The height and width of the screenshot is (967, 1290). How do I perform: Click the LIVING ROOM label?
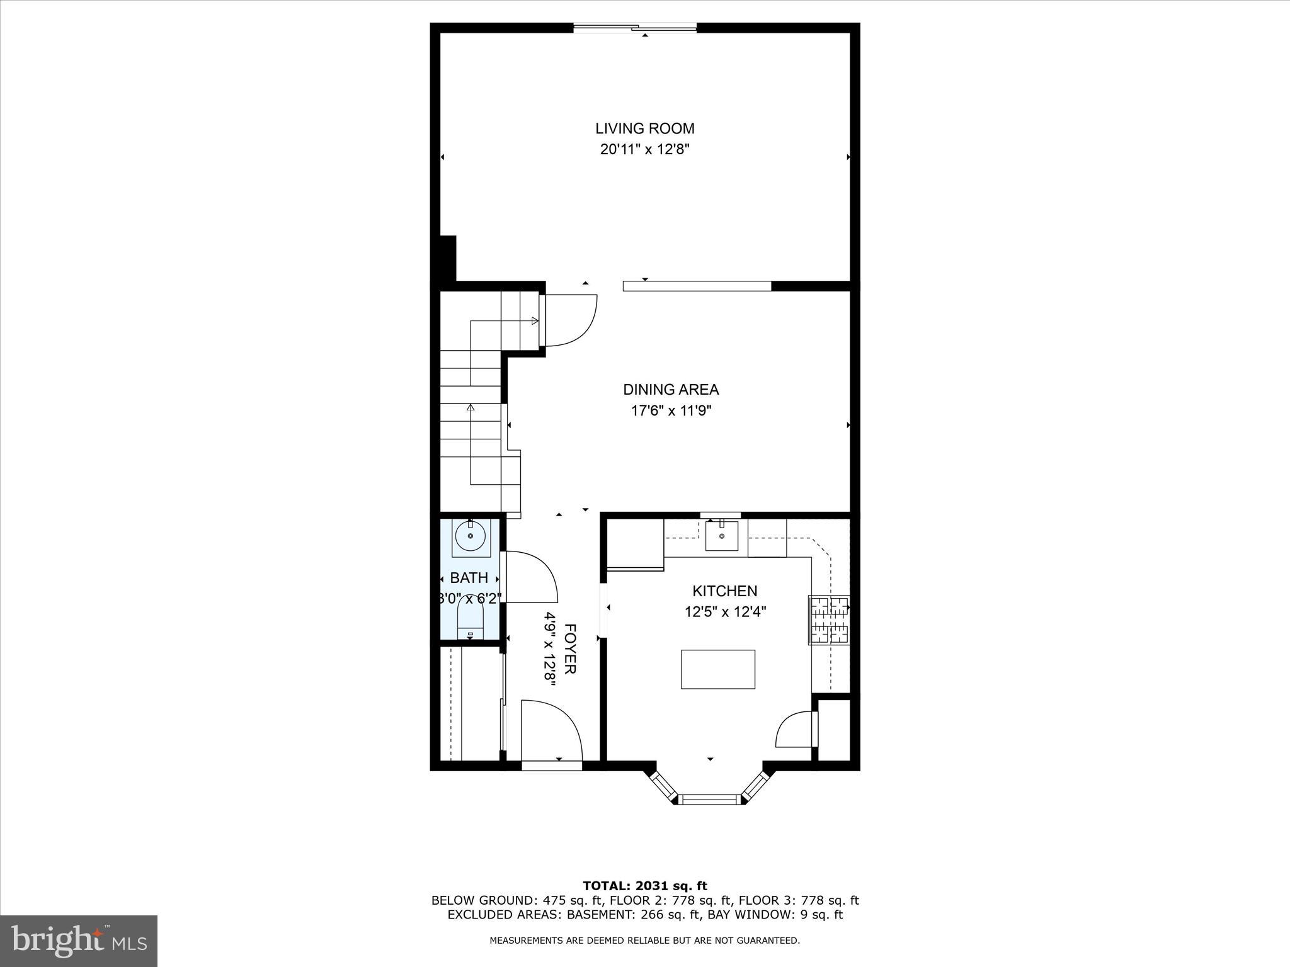click(x=645, y=128)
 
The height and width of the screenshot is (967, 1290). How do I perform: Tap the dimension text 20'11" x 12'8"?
click(x=645, y=150)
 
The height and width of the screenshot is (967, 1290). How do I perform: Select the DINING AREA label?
click(x=671, y=390)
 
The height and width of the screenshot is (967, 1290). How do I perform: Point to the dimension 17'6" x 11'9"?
click(x=671, y=411)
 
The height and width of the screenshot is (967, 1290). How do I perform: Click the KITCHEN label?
click(x=724, y=591)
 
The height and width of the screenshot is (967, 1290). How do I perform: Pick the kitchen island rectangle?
click(x=717, y=669)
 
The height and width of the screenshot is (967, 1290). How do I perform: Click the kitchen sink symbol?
click(x=721, y=536)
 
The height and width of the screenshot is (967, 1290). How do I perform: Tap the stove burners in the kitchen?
click(x=829, y=620)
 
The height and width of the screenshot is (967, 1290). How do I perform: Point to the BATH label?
click(x=469, y=577)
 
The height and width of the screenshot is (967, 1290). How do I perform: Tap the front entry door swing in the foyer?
click(x=551, y=730)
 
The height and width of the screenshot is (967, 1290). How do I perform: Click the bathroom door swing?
click(x=529, y=576)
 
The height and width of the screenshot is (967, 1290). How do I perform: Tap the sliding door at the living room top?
click(x=635, y=27)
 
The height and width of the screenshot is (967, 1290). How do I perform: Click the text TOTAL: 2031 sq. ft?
click(x=645, y=886)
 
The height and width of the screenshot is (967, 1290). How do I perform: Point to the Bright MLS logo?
click(x=79, y=941)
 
